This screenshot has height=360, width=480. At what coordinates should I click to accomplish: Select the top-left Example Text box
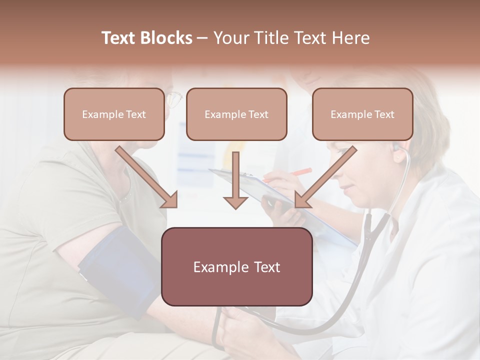(x=114, y=114)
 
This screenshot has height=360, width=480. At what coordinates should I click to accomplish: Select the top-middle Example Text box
(x=236, y=114)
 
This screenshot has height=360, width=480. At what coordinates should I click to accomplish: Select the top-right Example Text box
(x=362, y=114)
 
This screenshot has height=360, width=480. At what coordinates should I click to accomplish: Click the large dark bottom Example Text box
(x=236, y=267)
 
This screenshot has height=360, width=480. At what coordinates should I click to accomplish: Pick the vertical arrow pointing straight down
(x=235, y=180)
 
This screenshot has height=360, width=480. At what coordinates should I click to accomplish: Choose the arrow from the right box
(x=325, y=177)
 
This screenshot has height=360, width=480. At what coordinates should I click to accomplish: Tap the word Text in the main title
(x=119, y=38)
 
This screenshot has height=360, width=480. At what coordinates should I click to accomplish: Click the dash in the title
(x=202, y=38)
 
